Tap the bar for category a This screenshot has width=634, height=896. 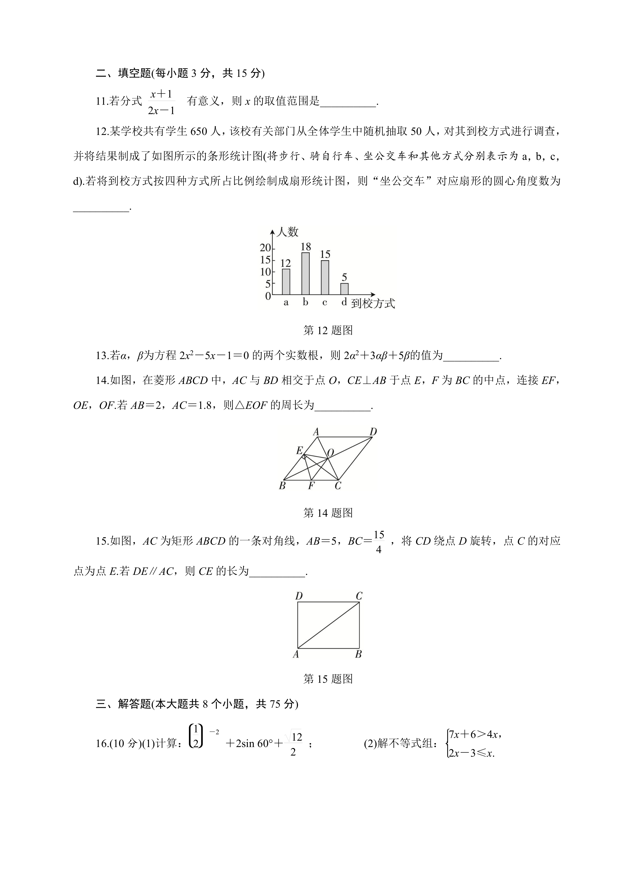coord(286,282)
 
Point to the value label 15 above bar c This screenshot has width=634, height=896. coord(325,255)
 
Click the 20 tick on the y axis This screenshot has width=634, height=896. coord(266,248)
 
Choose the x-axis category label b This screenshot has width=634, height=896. coord(305,302)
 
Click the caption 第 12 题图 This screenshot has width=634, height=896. coord(328,331)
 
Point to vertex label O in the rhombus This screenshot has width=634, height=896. coord(330,453)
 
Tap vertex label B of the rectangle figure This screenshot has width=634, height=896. coord(358,654)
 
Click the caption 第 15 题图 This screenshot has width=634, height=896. coord(328,679)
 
